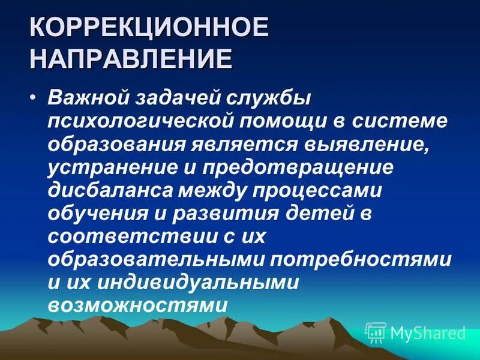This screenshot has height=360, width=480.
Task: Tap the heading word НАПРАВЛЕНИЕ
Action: click(131, 60)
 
